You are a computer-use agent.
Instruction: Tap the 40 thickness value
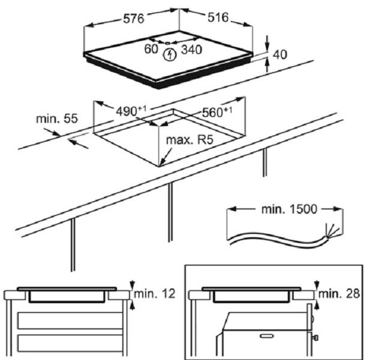point(279,55)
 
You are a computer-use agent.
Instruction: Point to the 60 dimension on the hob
point(151,48)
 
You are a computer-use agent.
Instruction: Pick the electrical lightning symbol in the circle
point(170,55)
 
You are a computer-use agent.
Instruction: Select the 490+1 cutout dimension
point(130,111)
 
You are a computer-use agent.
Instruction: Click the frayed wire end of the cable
point(328,230)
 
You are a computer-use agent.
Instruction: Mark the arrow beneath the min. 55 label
point(78,143)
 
